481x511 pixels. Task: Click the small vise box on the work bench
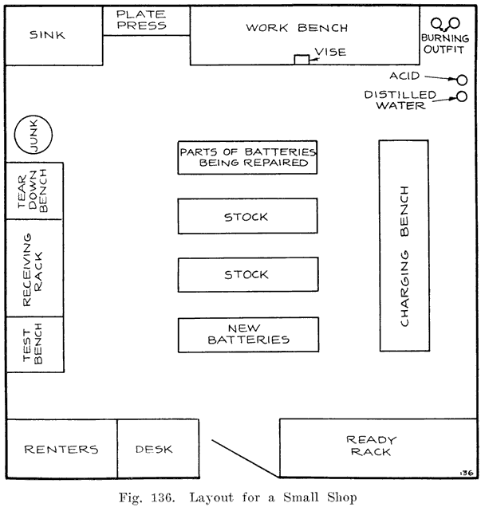click(302, 60)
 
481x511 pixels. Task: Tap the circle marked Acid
click(461, 79)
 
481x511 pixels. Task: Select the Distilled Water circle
click(461, 97)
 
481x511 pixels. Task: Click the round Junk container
click(34, 137)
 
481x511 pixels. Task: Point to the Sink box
click(53, 35)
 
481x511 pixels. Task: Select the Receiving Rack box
click(34, 268)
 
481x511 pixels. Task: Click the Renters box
click(61, 450)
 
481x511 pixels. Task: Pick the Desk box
click(154, 450)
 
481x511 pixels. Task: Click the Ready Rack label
click(370, 446)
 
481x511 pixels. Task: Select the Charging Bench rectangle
click(404, 246)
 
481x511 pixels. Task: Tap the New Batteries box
click(247, 333)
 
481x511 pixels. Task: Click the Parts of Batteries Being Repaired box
click(247, 157)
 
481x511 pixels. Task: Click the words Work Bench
click(297, 28)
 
